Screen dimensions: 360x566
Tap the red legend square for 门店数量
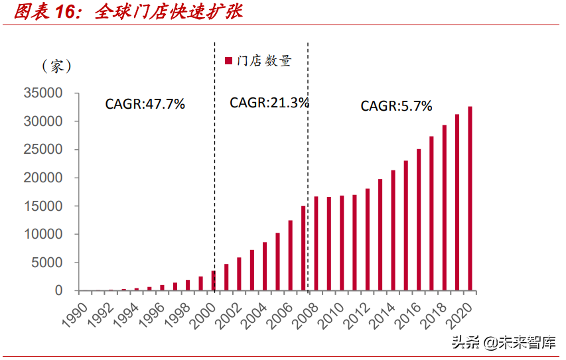tap(228, 61)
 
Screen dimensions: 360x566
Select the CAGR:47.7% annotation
tap(145, 103)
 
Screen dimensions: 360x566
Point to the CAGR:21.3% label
tap(269, 103)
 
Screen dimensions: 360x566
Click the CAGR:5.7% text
tap(396, 105)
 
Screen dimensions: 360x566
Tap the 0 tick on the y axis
tap(59, 291)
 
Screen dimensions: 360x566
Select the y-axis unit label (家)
tap(56, 66)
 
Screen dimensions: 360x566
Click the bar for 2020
tap(470, 199)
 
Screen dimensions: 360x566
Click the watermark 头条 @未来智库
tap(504, 342)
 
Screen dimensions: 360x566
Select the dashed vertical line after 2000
tap(215, 166)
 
